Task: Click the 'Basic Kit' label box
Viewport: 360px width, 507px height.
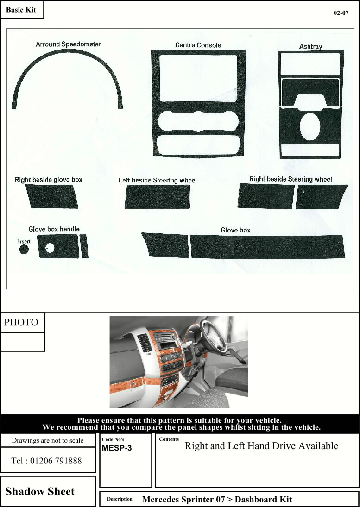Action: tap(22, 10)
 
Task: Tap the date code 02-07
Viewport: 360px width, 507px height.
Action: tap(341, 13)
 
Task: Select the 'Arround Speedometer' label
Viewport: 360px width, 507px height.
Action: tap(68, 44)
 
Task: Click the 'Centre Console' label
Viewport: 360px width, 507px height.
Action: tap(198, 45)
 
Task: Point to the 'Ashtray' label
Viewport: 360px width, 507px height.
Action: tap(310, 46)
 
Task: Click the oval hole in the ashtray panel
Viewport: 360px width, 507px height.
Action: tap(309, 127)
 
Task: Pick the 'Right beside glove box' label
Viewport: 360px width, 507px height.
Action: tap(49, 179)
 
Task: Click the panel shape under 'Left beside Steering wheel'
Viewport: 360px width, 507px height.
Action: tap(157, 197)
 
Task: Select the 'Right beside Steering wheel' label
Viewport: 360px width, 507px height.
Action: tap(291, 179)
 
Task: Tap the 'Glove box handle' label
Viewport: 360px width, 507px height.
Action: tap(54, 229)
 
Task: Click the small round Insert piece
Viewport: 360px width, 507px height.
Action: tap(24, 250)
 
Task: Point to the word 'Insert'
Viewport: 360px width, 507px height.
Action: tap(24, 241)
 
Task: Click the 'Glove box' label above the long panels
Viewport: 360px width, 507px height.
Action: tap(235, 230)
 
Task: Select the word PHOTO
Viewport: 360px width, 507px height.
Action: tap(21, 323)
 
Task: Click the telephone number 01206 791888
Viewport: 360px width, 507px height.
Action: tap(46, 461)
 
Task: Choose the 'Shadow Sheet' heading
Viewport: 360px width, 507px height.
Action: tap(40, 492)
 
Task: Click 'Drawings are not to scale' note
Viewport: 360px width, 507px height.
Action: tap(48, 440)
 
